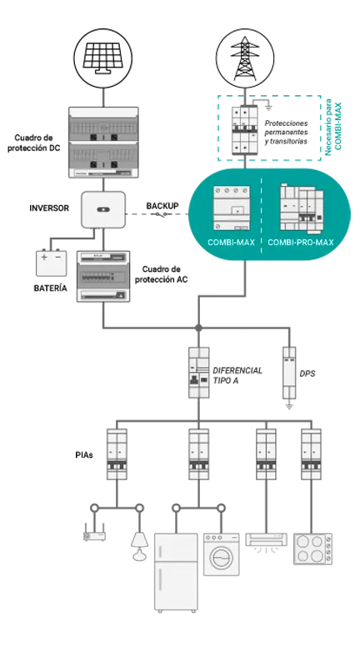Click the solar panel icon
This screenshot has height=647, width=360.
click(102, 58)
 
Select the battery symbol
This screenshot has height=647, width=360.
click(51, 263)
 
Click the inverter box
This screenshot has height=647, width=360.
click(103, 209)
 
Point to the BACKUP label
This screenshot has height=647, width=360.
click(162, 205)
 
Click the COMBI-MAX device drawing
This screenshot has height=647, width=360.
click(232, 208)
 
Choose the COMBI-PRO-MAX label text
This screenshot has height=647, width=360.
click(301, 243)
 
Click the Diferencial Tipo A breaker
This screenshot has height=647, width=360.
click(199, 373)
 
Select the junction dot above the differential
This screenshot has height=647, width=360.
click(199, 328)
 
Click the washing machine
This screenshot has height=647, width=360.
click(222, 554)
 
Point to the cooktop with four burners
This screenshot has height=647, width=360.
click(312, 549)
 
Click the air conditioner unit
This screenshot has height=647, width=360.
click(267, 541)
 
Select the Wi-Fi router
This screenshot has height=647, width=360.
click(94, 533)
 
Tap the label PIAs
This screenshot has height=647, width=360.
click(84, 455)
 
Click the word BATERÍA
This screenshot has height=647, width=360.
click(50, 288)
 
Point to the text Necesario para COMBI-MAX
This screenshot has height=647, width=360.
click(332, 129)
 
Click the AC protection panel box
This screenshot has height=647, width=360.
click(103, 276)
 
